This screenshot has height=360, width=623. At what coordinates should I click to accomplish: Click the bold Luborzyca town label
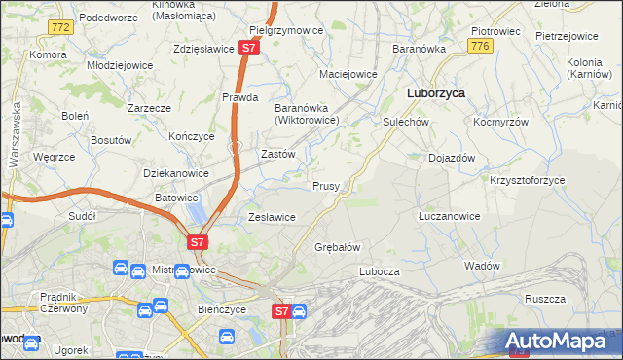point(434,92)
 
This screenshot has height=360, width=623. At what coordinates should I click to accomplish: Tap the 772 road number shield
point(60,27)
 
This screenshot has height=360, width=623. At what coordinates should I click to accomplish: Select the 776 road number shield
point(478,46)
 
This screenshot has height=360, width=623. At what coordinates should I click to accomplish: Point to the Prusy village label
point(326,185)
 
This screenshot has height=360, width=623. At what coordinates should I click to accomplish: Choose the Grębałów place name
point(338,247)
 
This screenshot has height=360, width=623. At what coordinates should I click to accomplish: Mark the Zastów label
point(279,154)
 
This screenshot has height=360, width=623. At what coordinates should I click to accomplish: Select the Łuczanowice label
point(449,216)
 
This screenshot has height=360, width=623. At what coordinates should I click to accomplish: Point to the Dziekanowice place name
point(176,173)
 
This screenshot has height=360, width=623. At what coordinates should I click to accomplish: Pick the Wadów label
point(482,266)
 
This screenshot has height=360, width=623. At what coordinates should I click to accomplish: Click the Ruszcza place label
point(545,299)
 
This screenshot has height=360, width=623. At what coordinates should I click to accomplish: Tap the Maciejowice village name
point(348,74)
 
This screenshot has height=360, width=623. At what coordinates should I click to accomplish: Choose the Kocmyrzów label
point(501,122)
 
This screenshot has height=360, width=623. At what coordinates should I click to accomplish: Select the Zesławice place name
point(273,217)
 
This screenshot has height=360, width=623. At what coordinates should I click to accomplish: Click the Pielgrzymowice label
point(286,30)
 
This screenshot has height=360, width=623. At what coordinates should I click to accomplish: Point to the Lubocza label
point(380,271)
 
